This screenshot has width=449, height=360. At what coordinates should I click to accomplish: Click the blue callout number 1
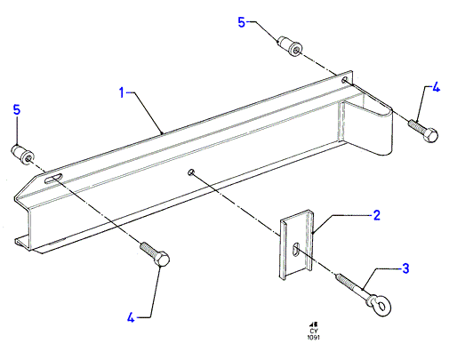tap(122, 92)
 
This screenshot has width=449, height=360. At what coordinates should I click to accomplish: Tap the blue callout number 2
tap(376, 215)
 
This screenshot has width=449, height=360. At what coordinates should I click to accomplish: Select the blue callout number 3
tap(405, 268)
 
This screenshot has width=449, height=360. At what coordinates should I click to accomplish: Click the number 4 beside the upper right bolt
tap(436, 88)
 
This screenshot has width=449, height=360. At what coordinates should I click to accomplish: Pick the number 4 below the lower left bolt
tap(131, 317)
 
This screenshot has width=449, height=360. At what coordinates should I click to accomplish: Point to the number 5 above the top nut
tap(242, 22)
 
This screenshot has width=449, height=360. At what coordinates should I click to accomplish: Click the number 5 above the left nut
tap(17, 109)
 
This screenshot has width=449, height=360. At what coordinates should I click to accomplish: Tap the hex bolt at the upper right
tap(423, 131)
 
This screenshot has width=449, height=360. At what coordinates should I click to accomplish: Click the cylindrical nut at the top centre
tap(290, 46)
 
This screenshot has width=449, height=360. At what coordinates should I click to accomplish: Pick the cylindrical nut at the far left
tap(22, 154)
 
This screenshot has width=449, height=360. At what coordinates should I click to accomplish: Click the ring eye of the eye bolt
tap(381, 306)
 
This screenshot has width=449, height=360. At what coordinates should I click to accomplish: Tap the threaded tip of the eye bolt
tap(341, 277)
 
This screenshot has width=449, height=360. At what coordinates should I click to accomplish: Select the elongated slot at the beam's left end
tap(53, 179)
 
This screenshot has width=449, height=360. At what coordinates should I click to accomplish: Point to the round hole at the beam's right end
tap(345, 80)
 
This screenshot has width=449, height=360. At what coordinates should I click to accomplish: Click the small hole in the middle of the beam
tap(191, 172)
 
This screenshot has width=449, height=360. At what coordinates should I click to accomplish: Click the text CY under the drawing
tap(314, 331)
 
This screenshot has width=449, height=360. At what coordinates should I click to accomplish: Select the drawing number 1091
tap(314, 337)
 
